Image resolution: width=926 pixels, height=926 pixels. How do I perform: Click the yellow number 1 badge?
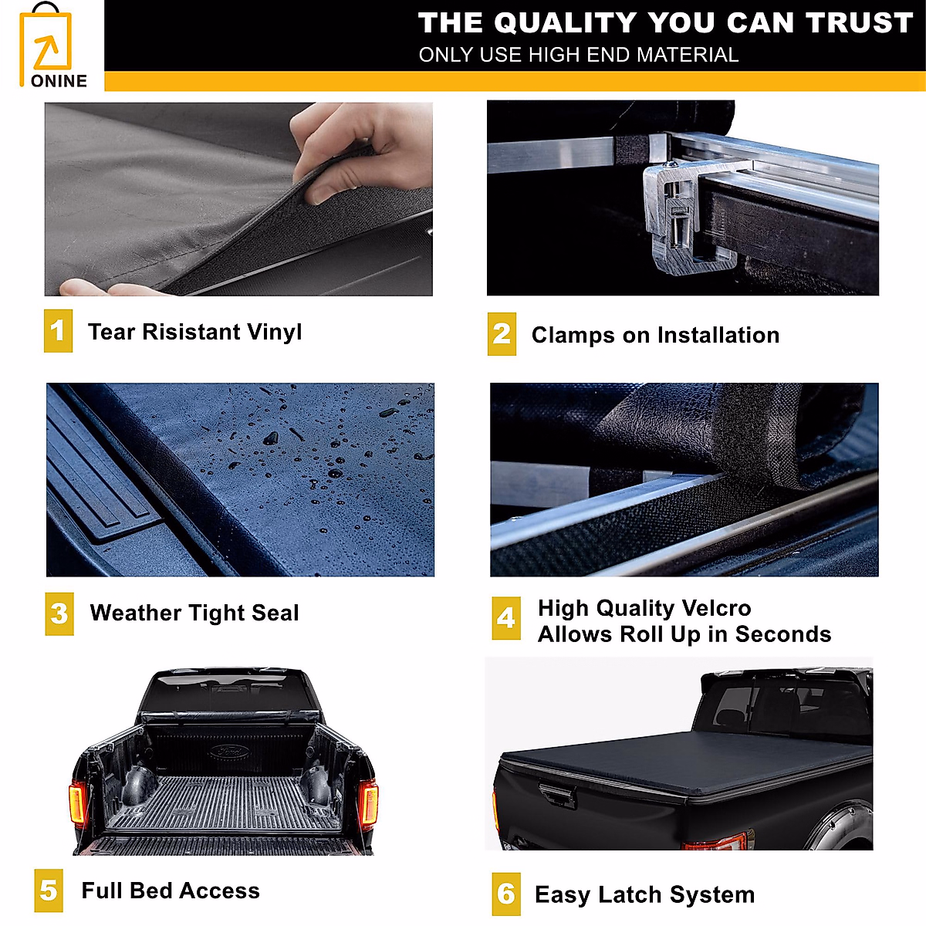coord(58,330)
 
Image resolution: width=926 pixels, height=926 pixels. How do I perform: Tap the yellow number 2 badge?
coord(502,334)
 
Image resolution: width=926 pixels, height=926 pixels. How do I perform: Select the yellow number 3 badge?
coord(59,613)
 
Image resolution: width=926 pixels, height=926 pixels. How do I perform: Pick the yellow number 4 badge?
coord(506,618)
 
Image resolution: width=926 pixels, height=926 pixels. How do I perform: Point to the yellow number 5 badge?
coord(49,891)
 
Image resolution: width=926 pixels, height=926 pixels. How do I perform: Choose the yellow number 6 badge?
coord(506,894)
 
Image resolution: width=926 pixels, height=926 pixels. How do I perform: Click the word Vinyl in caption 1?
coord(275,333)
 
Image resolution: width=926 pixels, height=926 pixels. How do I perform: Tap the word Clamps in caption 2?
coord(573,336)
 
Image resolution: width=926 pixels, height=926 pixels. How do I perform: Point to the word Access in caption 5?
coord(220,891)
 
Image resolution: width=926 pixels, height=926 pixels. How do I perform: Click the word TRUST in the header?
coord(859,22)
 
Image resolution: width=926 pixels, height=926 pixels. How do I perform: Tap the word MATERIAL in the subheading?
coord(688,55)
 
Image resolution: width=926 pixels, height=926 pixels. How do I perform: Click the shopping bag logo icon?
coord(46,43)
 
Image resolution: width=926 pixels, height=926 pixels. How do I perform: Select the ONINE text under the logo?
coord(59,81)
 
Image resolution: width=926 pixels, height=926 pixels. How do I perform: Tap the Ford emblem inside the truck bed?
coord(229,751)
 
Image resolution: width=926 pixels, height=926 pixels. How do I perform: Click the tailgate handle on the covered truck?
coord(557,795)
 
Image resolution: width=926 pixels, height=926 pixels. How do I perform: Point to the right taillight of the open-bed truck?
coord(368,803)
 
